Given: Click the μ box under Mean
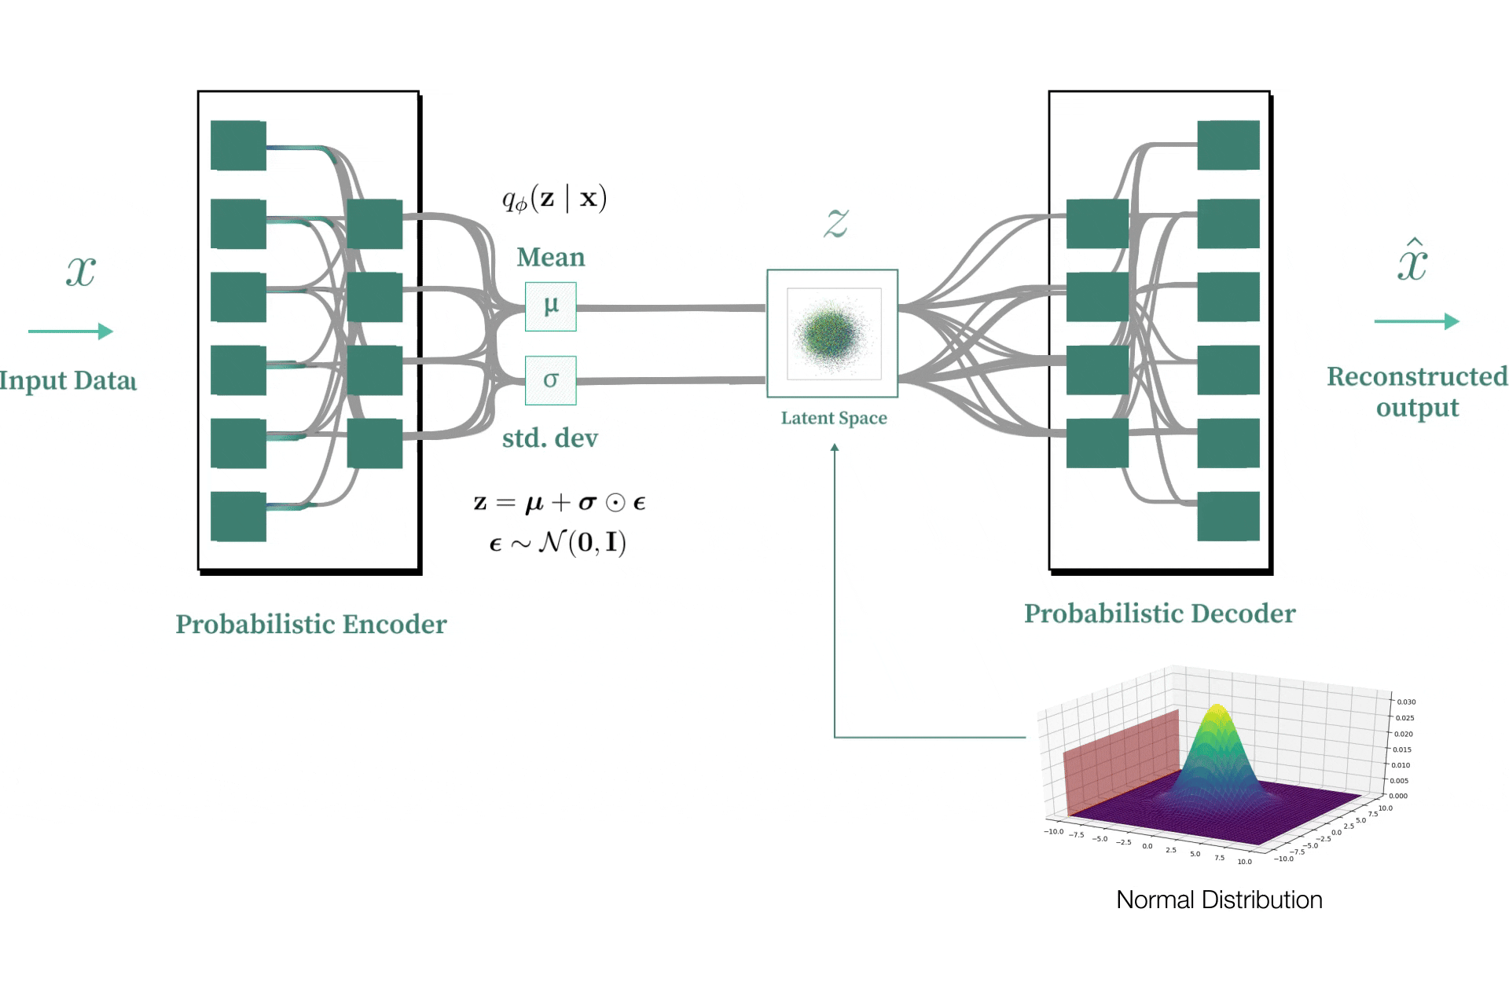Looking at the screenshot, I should (x=550, y=306).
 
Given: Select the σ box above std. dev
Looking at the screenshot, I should (x=550, y=380).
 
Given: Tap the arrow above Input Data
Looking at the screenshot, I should (x=71, y=332).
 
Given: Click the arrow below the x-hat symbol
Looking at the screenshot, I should (x=1416, y=321).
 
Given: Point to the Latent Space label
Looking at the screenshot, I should (x=833, y=418).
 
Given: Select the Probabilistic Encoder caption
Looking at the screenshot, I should (x=310, y=625).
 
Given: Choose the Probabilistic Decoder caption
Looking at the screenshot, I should (x=1159, y=614).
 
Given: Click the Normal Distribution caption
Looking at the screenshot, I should (x=1218, y=900).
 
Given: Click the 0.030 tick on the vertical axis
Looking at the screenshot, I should (x=1406, y=702).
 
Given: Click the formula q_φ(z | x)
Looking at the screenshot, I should (x=554, y=199).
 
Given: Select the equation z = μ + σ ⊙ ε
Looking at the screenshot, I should (x=560, y=503).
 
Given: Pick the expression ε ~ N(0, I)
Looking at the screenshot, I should (x=557, y=543).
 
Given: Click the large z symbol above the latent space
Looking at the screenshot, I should (x=835, y=222).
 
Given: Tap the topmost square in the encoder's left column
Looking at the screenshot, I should (x=238, y=145).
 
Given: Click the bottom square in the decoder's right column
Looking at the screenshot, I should (x=1228, y=516).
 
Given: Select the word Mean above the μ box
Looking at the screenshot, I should (x=550, y=258).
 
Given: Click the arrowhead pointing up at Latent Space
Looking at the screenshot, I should (x=835, y=447).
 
